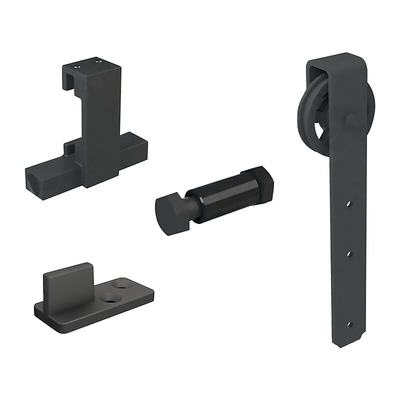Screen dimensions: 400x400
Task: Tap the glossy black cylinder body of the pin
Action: pos(220,192)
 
